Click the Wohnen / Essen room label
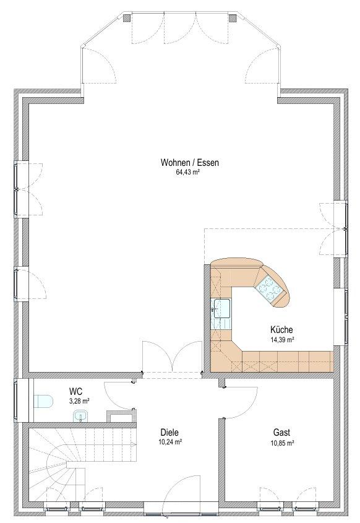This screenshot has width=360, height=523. pos(190,163)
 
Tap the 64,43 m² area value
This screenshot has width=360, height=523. pos(187,173)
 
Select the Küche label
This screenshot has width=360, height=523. pos(281,330)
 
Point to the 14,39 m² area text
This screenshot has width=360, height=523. pos(281,340)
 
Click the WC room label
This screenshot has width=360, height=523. pos(75,391)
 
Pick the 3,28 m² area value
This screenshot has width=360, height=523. pos(79,401)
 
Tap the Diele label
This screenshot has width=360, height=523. pos(169,433)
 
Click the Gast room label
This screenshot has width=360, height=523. pos(281,433)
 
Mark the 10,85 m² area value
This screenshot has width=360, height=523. pos(281,443)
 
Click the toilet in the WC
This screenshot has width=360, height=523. pos(43,401)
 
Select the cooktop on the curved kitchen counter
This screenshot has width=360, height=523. pos(268,288)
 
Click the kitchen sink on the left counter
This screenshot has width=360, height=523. pos(221,308)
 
